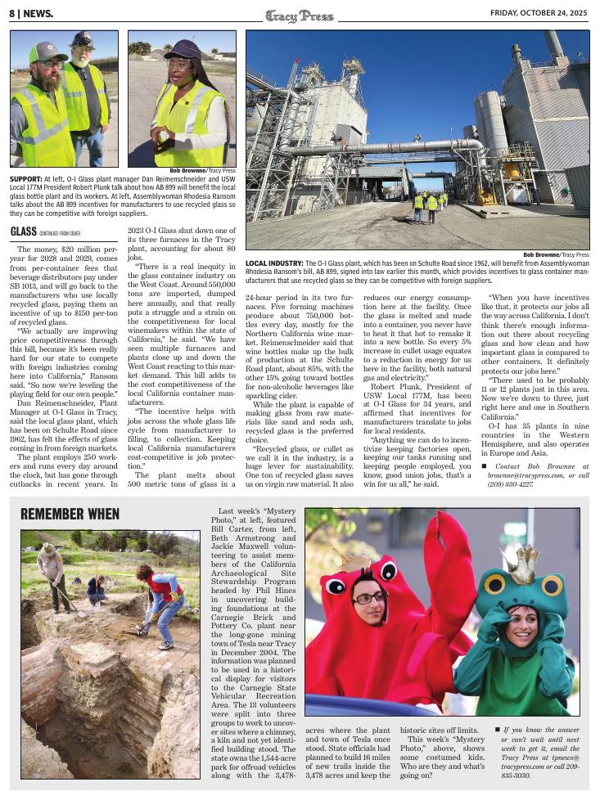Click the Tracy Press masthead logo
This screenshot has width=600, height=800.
tap(299, 14)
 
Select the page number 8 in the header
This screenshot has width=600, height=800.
tap(12, 13)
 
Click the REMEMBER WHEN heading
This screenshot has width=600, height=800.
tap(70, 515)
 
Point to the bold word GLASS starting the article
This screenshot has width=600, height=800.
tap(23, 232)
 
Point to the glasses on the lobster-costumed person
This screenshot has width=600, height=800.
tap(369, 598)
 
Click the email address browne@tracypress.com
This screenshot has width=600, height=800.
tap(521, 474)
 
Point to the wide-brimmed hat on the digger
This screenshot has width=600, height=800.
tap(49, 550)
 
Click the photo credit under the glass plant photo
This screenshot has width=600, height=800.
tap(556, 254)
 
